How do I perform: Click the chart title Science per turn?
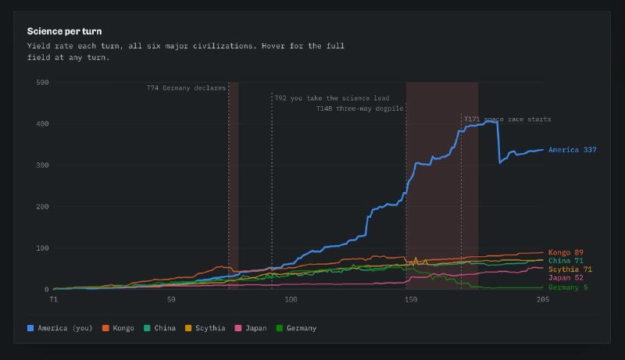click(64, 31)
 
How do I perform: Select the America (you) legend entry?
click(60, 328)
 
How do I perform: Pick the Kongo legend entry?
click(119, 328)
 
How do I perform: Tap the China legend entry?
click(160, 328)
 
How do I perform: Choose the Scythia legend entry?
click(205, 328)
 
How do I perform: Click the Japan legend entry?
click(251, 328)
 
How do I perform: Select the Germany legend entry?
click(297, 328)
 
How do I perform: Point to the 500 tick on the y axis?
click(42, 83)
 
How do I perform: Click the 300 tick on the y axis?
click(42, 166)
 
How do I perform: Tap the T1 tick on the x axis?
click(53, 299)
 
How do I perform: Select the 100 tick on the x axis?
click(291, 299)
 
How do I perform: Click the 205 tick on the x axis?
click(542, 299)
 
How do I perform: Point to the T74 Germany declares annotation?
click(186, 88)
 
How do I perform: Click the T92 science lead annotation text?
click(332, 98)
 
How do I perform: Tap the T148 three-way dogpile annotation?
click(359, 109)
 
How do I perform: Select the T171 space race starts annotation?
click(507, 119)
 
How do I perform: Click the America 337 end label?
click(573, 150)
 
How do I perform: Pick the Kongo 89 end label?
click(566, 252)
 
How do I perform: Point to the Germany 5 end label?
click(568, 287)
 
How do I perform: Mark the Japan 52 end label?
click(566, 277)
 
